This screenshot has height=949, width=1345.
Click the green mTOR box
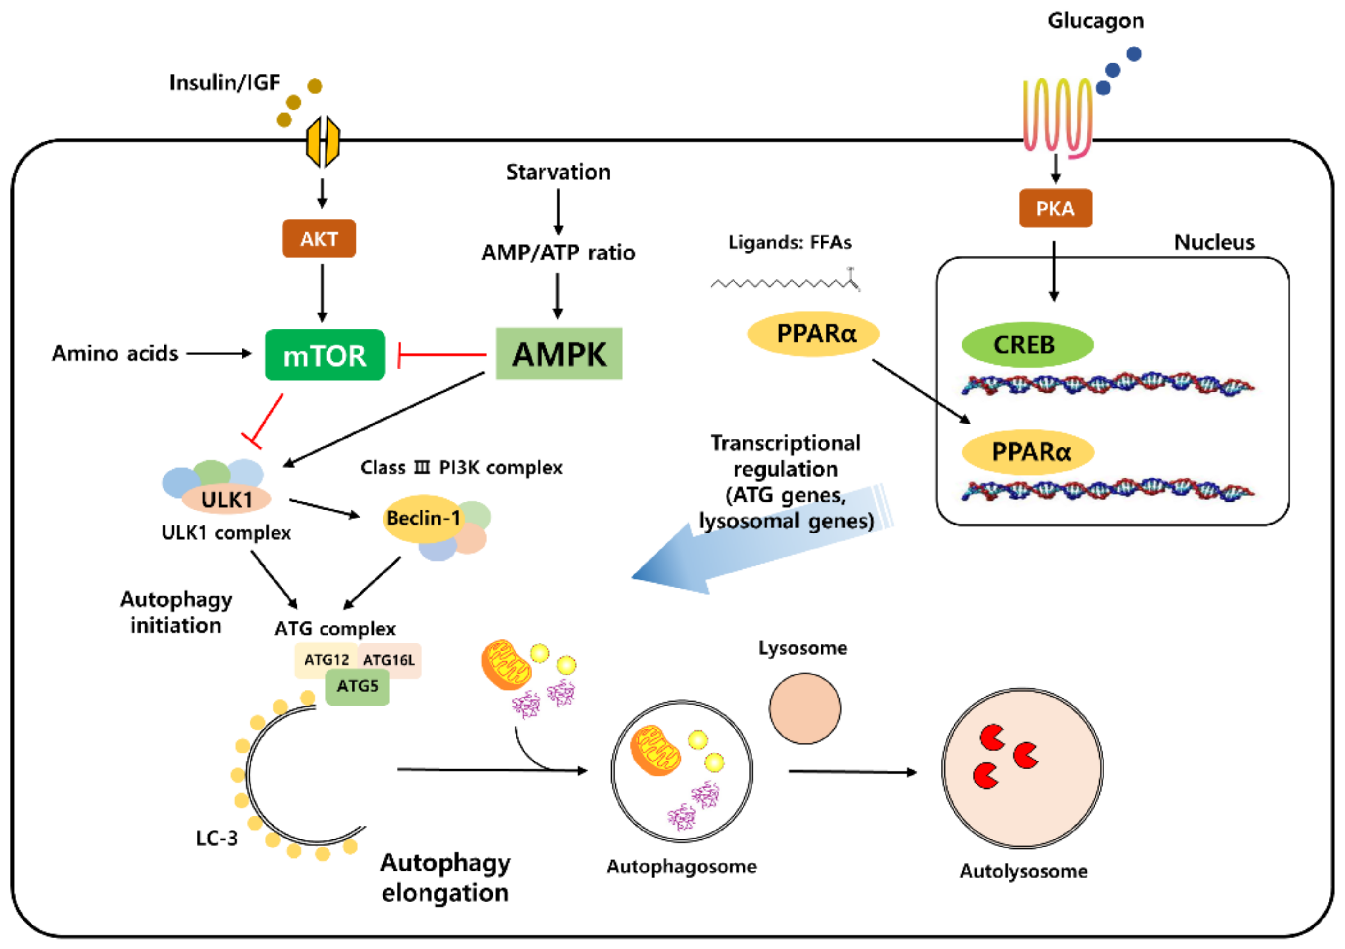(x=325, y=355)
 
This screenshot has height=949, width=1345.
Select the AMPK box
(x=559, y=354)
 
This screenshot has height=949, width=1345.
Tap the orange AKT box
(x=319, y=238)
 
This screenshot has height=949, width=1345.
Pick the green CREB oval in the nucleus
(x=1026, y=345)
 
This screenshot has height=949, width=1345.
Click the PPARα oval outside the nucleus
(x=813, y=334)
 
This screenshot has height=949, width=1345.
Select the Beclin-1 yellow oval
(x=423, y=518)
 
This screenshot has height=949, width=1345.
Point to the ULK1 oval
(x=226, y=500)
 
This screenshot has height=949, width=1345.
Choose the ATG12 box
(x=326, y=659)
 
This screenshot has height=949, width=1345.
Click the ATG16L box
(x=389, y=659)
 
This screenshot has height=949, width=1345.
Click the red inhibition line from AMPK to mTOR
(x=442, y=355)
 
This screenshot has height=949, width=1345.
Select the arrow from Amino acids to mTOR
(x=218, y=353)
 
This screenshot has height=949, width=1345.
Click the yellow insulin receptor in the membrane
(x=323, y=141)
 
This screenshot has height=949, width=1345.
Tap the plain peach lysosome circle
(x=805, y=708)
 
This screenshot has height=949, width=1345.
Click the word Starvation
(x=558, y=172)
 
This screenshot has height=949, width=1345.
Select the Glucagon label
(x=1095, y=21)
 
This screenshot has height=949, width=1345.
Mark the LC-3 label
(x=217, y=838)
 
